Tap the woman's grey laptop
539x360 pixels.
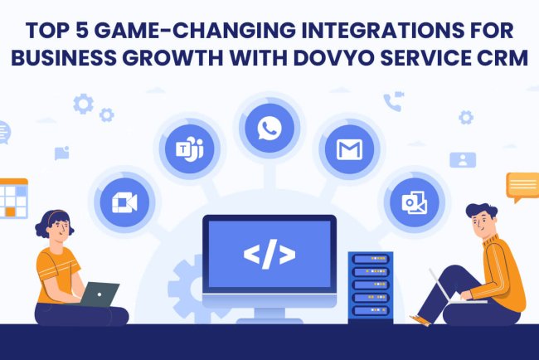(x=100, y=294)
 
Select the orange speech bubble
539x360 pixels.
(x=522, y=186)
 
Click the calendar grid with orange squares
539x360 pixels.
(x=13, y=199)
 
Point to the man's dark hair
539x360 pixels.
(x=481, y=213)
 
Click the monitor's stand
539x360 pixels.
(x=269, y=314)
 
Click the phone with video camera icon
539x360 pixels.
(x=392, y=102)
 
